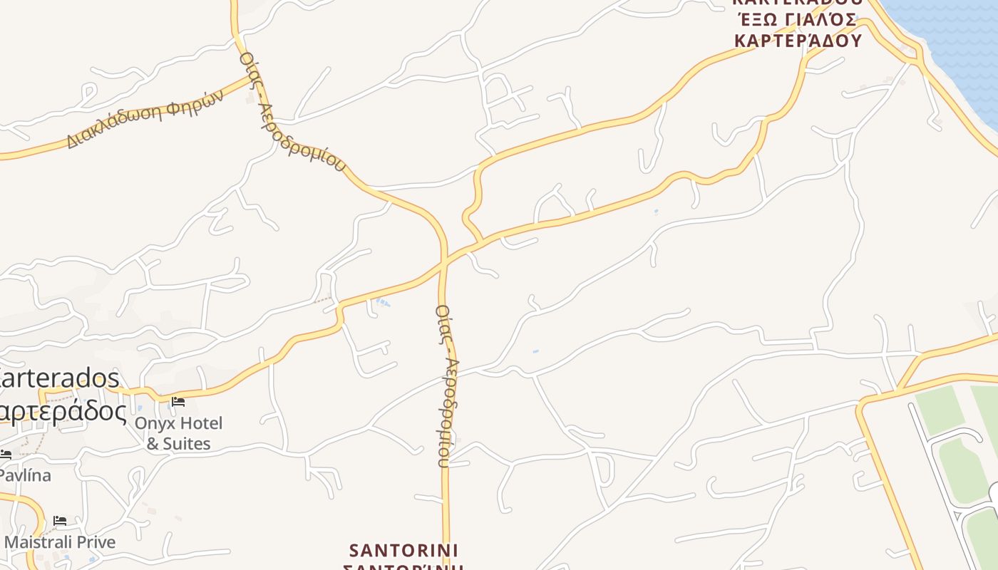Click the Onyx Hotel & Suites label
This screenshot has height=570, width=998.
178,433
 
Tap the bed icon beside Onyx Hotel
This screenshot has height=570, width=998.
178,402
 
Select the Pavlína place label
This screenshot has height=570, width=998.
25,475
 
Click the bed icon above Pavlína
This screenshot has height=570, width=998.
6,454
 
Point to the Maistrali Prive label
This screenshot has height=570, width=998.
60,542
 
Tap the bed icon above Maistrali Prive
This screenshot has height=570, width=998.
60,521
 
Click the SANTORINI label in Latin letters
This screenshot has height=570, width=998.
404,551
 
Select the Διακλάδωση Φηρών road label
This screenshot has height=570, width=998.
145,119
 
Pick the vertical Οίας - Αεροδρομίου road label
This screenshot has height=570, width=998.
446,385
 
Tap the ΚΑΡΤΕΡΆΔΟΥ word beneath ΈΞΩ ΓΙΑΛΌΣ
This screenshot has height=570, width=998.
798,40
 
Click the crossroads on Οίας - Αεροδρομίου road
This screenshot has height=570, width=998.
444,263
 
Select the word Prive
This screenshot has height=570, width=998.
96,542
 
